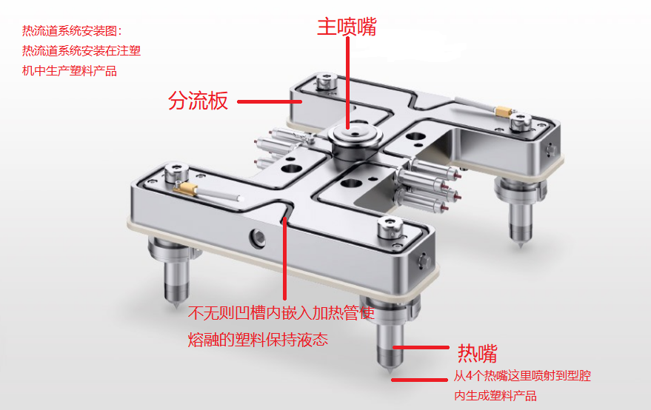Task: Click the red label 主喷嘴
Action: pos(347,27)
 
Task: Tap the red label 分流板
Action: pos(198,101)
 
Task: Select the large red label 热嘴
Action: pos(478,354)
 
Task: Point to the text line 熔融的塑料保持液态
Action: pos(258,340)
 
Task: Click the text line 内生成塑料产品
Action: pos(495,395)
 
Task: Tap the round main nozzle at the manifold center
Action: pos(355,136)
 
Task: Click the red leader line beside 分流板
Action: pos(270,101)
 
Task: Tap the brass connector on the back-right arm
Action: pos(503,111)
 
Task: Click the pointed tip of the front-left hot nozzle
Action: pos(176,306)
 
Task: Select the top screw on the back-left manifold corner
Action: pos(327,80)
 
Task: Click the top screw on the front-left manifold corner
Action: pos(176,172)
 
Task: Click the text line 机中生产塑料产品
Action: pos(70,71)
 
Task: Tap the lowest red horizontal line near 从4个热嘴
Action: pos(419,380)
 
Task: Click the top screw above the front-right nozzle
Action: pos(391,226)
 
